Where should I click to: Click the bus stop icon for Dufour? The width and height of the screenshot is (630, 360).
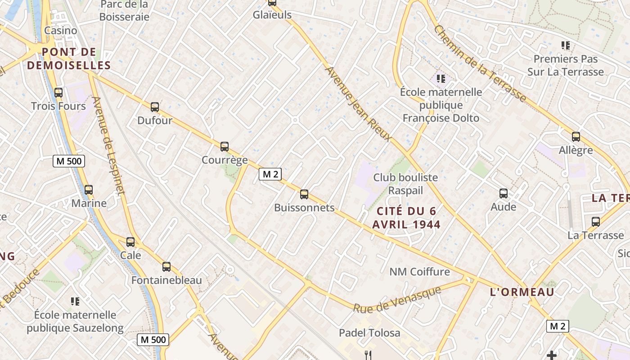point(155,107)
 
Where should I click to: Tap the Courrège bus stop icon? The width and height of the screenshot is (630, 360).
point(225,147)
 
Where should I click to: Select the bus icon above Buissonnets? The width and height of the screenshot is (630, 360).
point(304,194)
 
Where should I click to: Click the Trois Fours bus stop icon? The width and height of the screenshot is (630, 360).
point(58,93)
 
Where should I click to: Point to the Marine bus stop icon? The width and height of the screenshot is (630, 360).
point(89,190)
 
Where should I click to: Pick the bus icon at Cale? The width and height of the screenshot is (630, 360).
point(130,242)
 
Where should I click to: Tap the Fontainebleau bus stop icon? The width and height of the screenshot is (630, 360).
point(166,267)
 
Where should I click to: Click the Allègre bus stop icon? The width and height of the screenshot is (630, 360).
point(576,137)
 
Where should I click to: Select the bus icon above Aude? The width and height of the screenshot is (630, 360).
point(504,193)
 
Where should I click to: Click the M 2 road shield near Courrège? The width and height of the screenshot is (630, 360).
point(270,174)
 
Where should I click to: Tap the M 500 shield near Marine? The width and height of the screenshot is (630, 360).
point(68,161)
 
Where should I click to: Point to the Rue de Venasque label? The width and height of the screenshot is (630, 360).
point(396,300)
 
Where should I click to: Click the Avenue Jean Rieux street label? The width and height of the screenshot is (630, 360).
point(358,104)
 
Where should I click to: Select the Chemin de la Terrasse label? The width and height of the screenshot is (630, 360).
point(480,63)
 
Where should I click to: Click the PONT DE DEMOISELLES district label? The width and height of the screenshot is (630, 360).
point(69,58)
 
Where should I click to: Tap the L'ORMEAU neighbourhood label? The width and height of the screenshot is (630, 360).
point(522,292)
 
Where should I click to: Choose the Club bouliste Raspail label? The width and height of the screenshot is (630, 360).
point(405,184)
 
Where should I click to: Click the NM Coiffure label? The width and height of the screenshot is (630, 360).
point(419,271)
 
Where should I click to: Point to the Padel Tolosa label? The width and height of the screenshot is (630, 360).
point(369,333)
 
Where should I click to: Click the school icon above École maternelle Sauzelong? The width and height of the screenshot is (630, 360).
point(75,301)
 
